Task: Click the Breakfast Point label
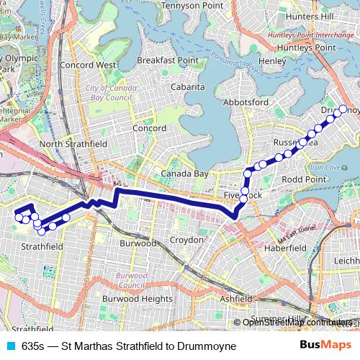click(x=168, y=60)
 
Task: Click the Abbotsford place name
click(x=246, y=103)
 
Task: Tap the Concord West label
click(x=89, y=65)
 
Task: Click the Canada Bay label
click(x=184, y=174)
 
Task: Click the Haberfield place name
click(x=287, y=247)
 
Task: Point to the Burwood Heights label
click(x=138, y=298)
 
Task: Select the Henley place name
click(x=272, y=61)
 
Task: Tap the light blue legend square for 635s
click(x=9, y=346)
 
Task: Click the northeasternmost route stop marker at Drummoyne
click(x=343, y=109)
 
